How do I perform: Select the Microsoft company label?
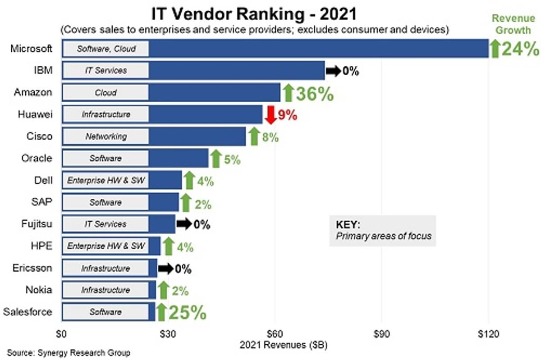[x=31, y=48]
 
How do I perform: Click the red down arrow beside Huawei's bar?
[x=270, y=115]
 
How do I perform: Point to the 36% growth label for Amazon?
[x=314, y=93]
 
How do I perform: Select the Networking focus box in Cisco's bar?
[x=105, y=137]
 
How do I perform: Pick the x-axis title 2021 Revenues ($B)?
[x=277, y=346]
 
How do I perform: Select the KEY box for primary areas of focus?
[x=382, y=230]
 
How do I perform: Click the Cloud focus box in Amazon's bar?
[x=105, y=93]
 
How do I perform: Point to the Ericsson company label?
[x=32, y=268]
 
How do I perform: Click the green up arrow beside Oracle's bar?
[x=215, y=159]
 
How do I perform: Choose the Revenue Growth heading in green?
[x=513, y=24]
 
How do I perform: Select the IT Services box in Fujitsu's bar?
[x=105, y=224]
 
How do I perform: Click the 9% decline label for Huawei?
[x=288, y=115]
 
